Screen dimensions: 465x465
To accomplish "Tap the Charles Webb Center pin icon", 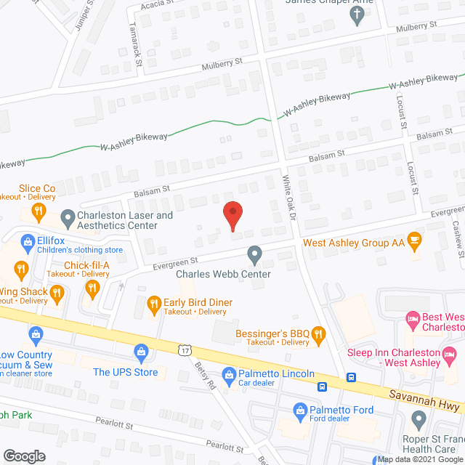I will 254,255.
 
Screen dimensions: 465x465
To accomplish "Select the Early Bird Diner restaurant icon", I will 153,302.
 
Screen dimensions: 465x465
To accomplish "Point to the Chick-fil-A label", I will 86,265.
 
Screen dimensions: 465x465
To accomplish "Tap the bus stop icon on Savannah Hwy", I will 352,377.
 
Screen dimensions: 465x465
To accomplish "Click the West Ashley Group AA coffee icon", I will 414,240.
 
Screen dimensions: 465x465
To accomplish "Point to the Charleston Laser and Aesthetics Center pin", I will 67,216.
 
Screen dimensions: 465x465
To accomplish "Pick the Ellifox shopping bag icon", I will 28,240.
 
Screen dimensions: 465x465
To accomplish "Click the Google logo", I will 25,456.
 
